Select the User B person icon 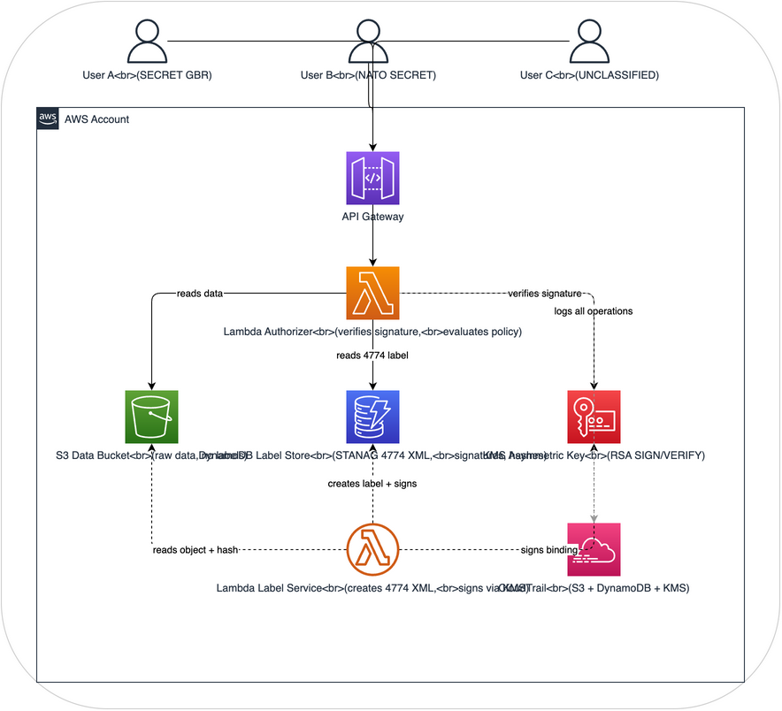[368, 42]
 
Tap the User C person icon [589, 42]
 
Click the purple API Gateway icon [372, 178]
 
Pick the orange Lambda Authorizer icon [372, 293]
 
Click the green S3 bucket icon [152, 417]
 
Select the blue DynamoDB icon [372, 417]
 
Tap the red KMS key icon [594, 417]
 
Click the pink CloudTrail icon [594, 549]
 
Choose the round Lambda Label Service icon [372, 549]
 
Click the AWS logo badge [48, 119]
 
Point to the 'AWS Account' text [96, 119]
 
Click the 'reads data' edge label [200, 293]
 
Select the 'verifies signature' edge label [545, 293]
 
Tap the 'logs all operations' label [594, 311]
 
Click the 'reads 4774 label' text [372, 355]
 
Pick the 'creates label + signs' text [372, 484]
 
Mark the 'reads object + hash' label [195, 549]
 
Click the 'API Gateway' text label [372, 215]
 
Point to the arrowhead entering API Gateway [372, 147]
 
